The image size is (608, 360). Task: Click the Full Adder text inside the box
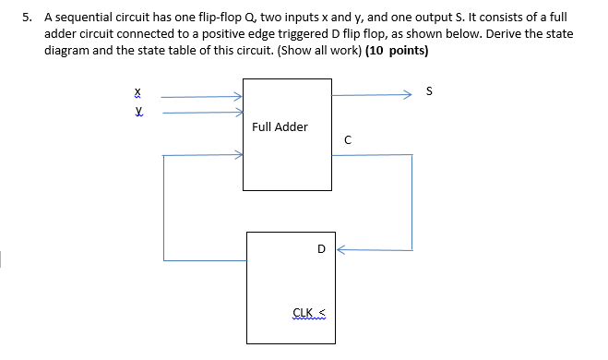[x=280, y=126]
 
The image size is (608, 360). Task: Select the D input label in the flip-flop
[x=320, y=248]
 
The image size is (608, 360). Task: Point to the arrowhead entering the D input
[x=339, y=248]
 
